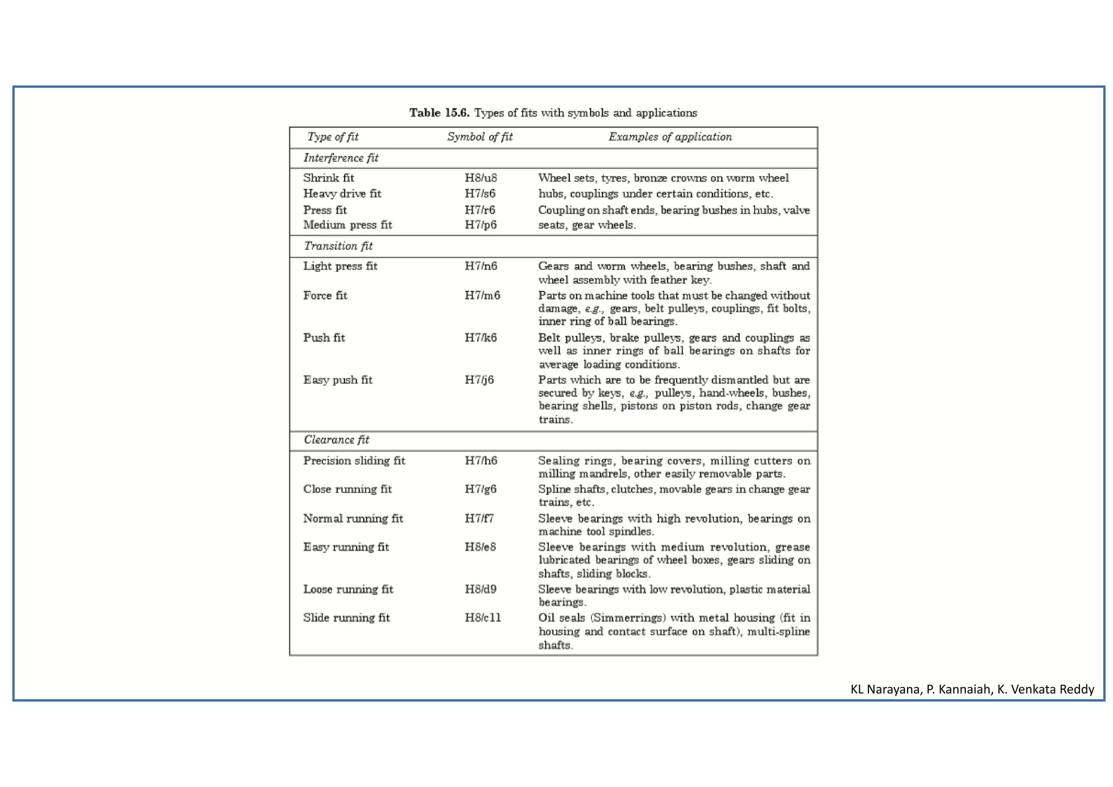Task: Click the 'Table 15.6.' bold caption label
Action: point(439,113)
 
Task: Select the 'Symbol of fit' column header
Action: point(479,137)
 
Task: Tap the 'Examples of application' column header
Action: point(670,137)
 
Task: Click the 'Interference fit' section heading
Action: point(341,158)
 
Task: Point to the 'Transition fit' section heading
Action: point(338,246)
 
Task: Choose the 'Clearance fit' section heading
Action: point(336,440)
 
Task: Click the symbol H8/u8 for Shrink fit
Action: point(480,178)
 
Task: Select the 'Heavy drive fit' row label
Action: point(342,194)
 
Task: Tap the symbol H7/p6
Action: point(480,225)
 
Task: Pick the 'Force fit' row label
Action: point(325,296)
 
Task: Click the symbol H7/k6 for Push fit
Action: point(480,338)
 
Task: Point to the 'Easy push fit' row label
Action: point(337,380)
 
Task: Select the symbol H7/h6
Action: point(480,461)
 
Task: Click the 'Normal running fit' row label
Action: point(353,519)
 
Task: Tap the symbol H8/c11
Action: point(483,618)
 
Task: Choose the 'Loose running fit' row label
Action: point(348,589)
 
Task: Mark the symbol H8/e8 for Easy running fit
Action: point(480,547)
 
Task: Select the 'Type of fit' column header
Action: point(333,137)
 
